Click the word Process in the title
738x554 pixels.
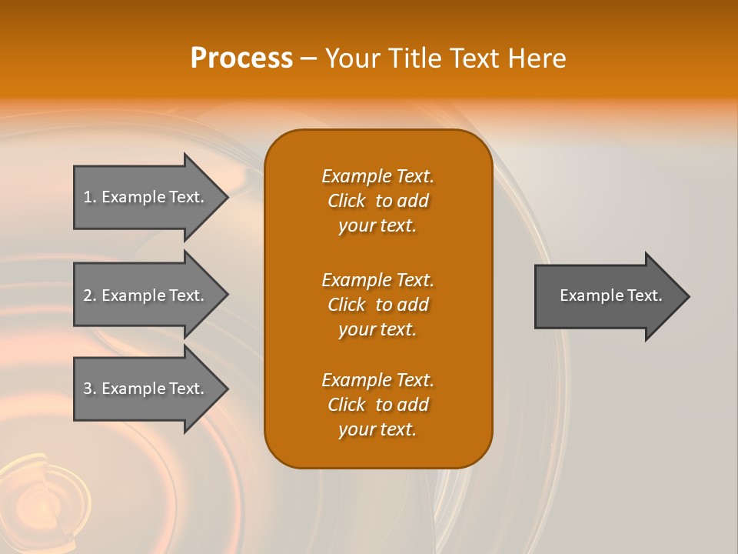click(241, 58)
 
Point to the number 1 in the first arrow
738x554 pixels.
click(88, 197)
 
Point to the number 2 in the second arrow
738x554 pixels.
click(88, 295)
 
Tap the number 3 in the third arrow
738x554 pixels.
click(88, 389)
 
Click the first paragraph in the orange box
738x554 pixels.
click(377, 201)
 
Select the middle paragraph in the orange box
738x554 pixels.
click(377, 305)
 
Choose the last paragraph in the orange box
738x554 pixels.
click(377, 405)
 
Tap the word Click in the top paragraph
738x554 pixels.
click(346, 201)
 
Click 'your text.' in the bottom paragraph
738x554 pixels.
click(377, 429)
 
